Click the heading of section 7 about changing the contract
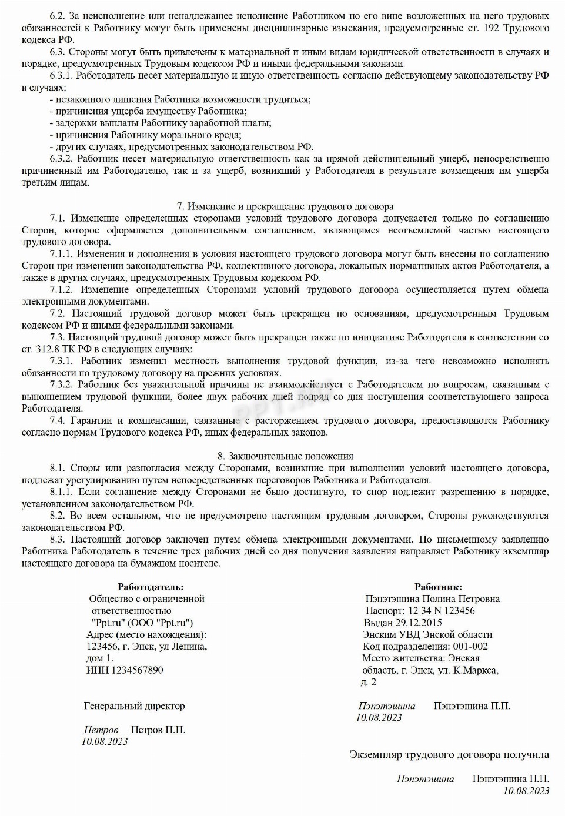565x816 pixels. (x=285, y=206)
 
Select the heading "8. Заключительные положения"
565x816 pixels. (x=285, y=456)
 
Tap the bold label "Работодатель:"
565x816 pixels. (x=151, y=587)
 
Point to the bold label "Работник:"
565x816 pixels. (x=438, y=587)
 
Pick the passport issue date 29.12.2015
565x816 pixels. (x=418, y=623)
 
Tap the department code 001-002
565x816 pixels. (x=466, y=646)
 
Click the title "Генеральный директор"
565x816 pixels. (x=134, y=706)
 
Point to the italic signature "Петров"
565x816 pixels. (x=101, y=730)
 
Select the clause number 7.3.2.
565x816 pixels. (x=62, y=385)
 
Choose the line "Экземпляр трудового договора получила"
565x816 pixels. (x=449, y=754)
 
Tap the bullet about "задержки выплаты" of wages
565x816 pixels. (x=161, y=123)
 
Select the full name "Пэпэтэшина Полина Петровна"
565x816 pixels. (x=432, y=599)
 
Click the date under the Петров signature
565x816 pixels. (x=105, y=742)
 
